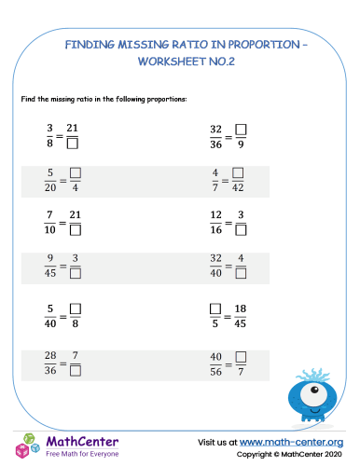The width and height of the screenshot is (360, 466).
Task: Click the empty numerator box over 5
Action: [216, 309]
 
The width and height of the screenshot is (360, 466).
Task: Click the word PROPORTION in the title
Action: [243, 42]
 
